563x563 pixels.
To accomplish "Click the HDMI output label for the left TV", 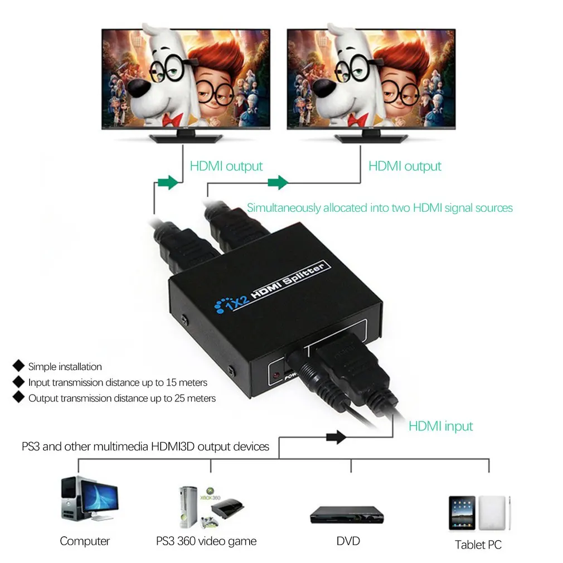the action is (x=226, y=166).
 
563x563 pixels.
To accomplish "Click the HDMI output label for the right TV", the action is (x=405, y=166).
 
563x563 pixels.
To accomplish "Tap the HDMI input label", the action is (x=440, y=426).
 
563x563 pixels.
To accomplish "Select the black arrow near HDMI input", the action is (x=337, y=437).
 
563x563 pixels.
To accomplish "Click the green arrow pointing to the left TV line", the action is (x=168, y=182).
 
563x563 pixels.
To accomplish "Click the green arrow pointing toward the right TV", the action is (x=278, y=182).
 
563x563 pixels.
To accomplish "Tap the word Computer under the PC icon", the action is (x=85, y=541).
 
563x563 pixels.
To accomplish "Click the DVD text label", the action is (x=348, y=541).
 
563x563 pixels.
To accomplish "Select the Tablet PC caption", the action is (x=478, y=545).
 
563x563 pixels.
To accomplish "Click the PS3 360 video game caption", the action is (x=206, y=541).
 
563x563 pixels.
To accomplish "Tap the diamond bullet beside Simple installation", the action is (x=19, y=366).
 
